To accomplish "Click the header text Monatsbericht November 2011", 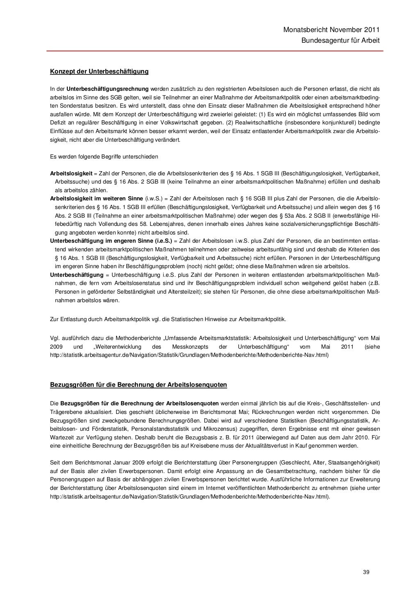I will pos(331,30).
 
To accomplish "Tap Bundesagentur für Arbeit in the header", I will pos(340,41).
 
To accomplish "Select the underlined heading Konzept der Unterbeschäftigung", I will pos(99,71).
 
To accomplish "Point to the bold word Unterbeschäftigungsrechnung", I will pos(107,89).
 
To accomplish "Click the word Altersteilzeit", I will pos(185,292).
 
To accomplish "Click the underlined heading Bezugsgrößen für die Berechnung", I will pos(138,385).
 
